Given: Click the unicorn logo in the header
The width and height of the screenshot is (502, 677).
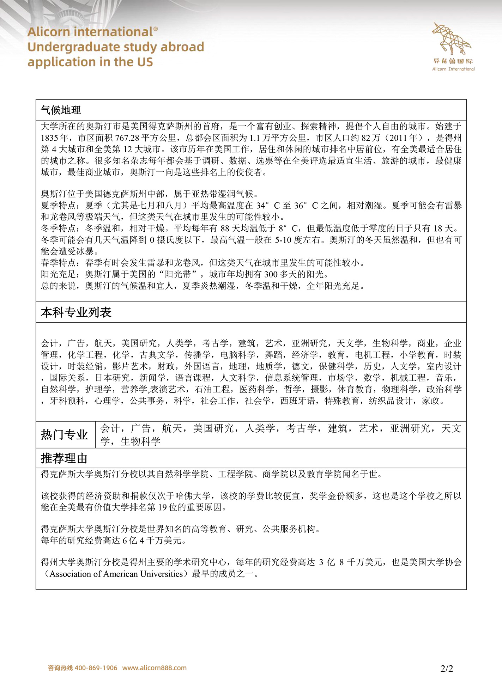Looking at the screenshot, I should click(452, 38).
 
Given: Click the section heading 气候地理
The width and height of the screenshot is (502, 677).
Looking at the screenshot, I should click(61, 110).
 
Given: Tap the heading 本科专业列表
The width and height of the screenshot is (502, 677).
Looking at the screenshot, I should click(76, 312).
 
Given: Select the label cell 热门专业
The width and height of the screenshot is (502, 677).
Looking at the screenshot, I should click(65, 435).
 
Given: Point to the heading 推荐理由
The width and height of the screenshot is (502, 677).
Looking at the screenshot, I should click(64, 458).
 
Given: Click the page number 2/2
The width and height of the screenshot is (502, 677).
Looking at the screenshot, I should click(447, 668).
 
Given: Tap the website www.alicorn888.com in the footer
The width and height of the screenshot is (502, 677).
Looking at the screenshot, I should click(154, 668).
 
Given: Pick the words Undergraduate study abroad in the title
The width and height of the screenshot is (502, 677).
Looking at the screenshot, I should click(116, 47).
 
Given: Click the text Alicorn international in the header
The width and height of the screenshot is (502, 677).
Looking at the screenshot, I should click(90, 32).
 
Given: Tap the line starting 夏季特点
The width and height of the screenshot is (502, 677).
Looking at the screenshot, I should click(251, 205).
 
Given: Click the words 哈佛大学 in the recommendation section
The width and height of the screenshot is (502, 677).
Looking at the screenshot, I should click(193, 496).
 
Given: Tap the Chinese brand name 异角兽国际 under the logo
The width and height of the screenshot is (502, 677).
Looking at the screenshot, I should click(453, 61).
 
